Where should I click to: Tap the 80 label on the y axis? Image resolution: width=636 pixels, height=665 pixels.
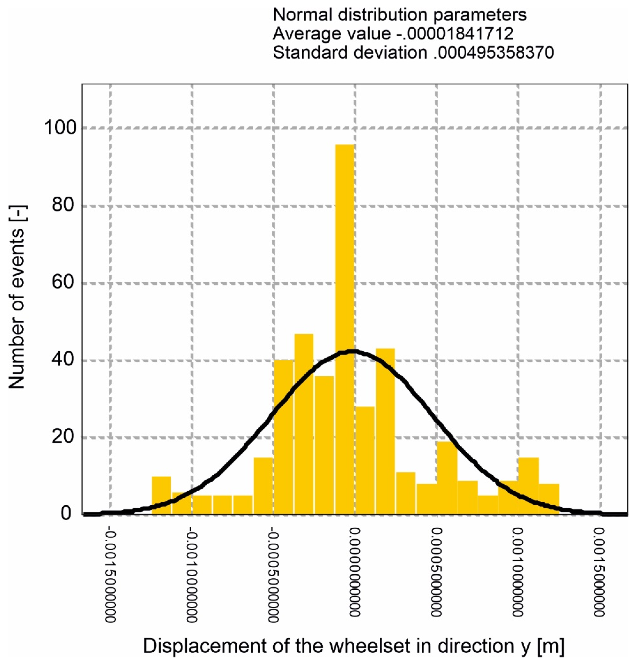pyautogui.click(x=63, y=206)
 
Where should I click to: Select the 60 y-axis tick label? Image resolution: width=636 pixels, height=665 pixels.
pyautogui.click(x=63, y=283)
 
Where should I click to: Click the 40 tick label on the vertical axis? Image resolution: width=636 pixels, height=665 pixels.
pyautogui.click(x=63, y=360)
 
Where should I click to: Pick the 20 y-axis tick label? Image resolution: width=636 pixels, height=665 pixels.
pyautogui.click(x=63, y=437)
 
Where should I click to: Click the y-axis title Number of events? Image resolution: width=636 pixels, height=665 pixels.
pyautogui.click(x=17, y=297)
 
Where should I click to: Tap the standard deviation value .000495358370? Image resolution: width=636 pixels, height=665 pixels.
pyautogui.click(x=493, y=53)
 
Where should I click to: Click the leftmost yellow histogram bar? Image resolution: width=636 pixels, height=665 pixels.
pyautogui.click(x=161, y=495)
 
